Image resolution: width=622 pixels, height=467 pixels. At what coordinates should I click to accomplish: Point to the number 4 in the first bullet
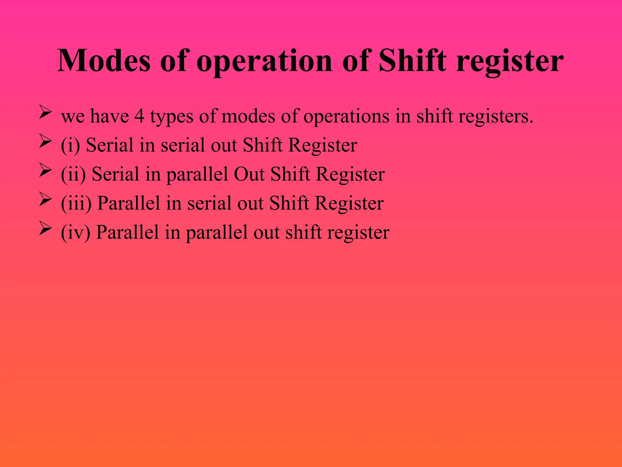click(x=139, y=116)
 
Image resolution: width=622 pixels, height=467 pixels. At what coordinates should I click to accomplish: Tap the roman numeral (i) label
click(x=70, y=145)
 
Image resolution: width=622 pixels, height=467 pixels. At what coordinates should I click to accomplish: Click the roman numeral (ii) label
click(x=73, y=175)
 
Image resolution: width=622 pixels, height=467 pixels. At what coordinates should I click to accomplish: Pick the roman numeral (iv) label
click(x=75, y=233)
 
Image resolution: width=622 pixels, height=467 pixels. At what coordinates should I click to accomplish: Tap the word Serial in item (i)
click(x=110, y=145)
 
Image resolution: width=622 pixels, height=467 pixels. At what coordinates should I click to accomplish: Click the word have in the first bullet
click(x=109, y=116)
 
